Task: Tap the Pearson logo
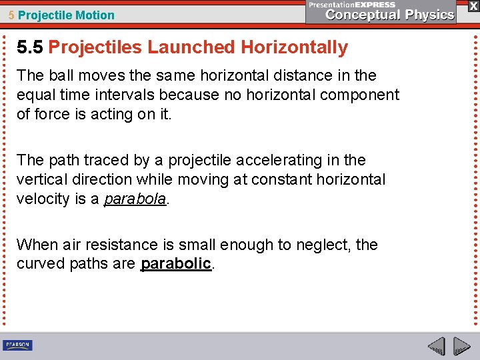pos(17,345)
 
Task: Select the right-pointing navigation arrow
pos(461,347)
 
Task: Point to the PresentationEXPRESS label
pos(352,5)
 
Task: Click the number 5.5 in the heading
pos(30,47)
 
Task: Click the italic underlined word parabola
pos(135,198)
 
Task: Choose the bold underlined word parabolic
pos(176,263)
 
